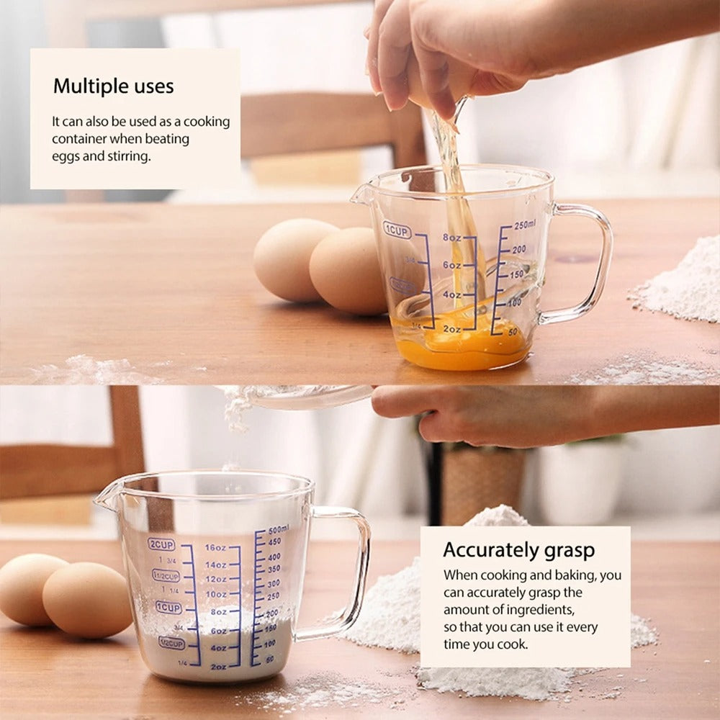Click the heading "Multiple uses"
click(113, 86)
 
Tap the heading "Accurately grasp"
click(518, 550)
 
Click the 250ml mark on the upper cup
click(525, 225)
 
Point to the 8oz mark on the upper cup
click(451, 238)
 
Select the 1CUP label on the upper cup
click(397, 230)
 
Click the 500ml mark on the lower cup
click(278, 528)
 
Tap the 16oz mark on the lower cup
click(215, 547)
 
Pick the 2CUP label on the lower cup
click(161, 544)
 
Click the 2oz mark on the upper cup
click(451, 328)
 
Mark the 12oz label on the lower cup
click(215, 579)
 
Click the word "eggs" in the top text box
click(66, 156)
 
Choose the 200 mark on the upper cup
click(518, 249)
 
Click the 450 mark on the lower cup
click(274, 541)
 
